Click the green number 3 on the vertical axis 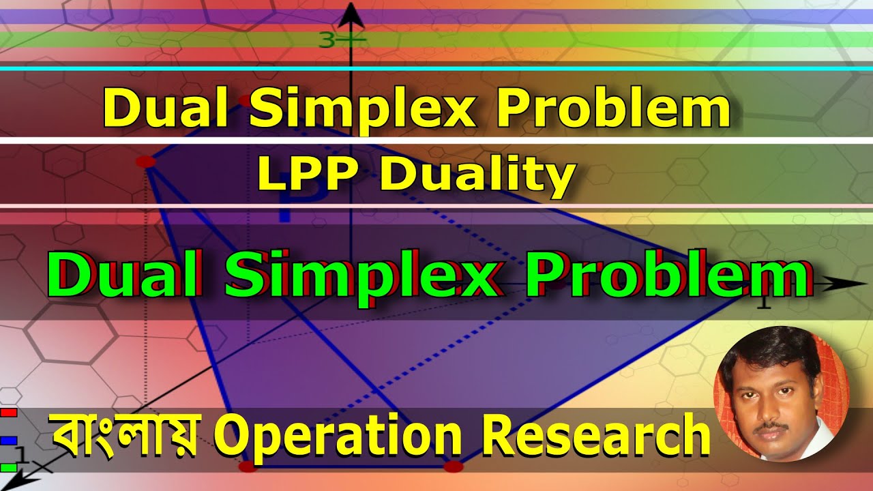tap(326, 41)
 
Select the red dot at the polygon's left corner tap(145, 161)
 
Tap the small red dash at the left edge tap(9, 413)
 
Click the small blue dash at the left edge tap(9, 441)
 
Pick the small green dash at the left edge tap(9, 467)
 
